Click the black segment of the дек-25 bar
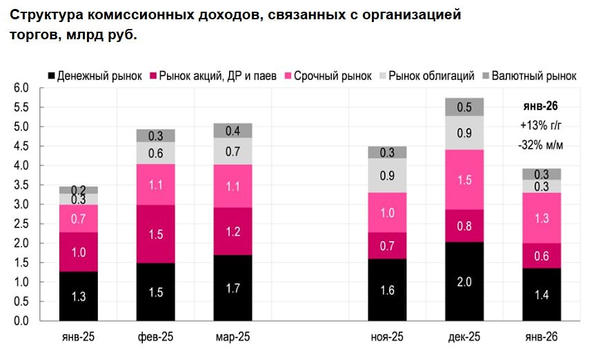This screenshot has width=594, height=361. [464, 281]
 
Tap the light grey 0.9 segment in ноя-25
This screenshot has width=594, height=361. [387, 176]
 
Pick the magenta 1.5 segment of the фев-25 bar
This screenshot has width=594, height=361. [155, 234]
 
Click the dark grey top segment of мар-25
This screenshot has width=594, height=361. [232, 130]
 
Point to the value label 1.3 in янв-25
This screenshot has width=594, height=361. [79, 297]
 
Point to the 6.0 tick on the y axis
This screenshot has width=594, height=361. [21, 88]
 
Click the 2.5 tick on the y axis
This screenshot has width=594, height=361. [21, 224]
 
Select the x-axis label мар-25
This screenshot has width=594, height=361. [232, 337]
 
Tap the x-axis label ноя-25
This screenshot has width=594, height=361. [387, 337]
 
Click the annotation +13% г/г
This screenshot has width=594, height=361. [541, 125]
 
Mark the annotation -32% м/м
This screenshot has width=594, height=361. [541, 144]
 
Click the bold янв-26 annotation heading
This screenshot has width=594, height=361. [541, 106]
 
